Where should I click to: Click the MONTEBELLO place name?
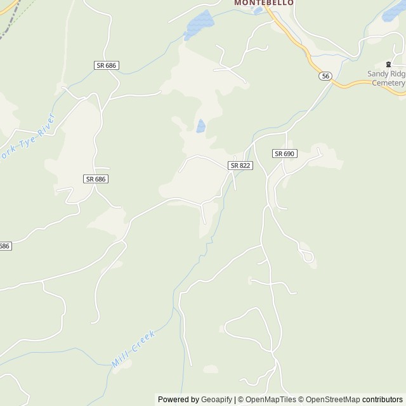click(264, 3)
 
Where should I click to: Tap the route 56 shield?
click(325, 76)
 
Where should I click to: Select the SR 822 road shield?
click(240, 165)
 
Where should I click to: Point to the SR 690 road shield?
click(285, 154)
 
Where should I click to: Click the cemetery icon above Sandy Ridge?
click(388, 65)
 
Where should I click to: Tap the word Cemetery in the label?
click(388, 83)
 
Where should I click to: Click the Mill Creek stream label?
click(133, 349)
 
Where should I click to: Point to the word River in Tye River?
click(46, 126)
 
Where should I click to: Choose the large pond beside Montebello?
click(200, 24)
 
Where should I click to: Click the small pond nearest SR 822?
click(200, 126)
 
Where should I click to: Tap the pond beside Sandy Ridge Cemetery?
click(395, 11)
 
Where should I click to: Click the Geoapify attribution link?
click(216, 400)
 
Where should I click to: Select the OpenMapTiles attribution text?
click(271, 400)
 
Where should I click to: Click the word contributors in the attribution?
click(383, 400)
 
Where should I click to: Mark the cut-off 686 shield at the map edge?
click(4, 246)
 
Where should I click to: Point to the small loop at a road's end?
click(309, 256)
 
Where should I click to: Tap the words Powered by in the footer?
click(178, 400)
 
